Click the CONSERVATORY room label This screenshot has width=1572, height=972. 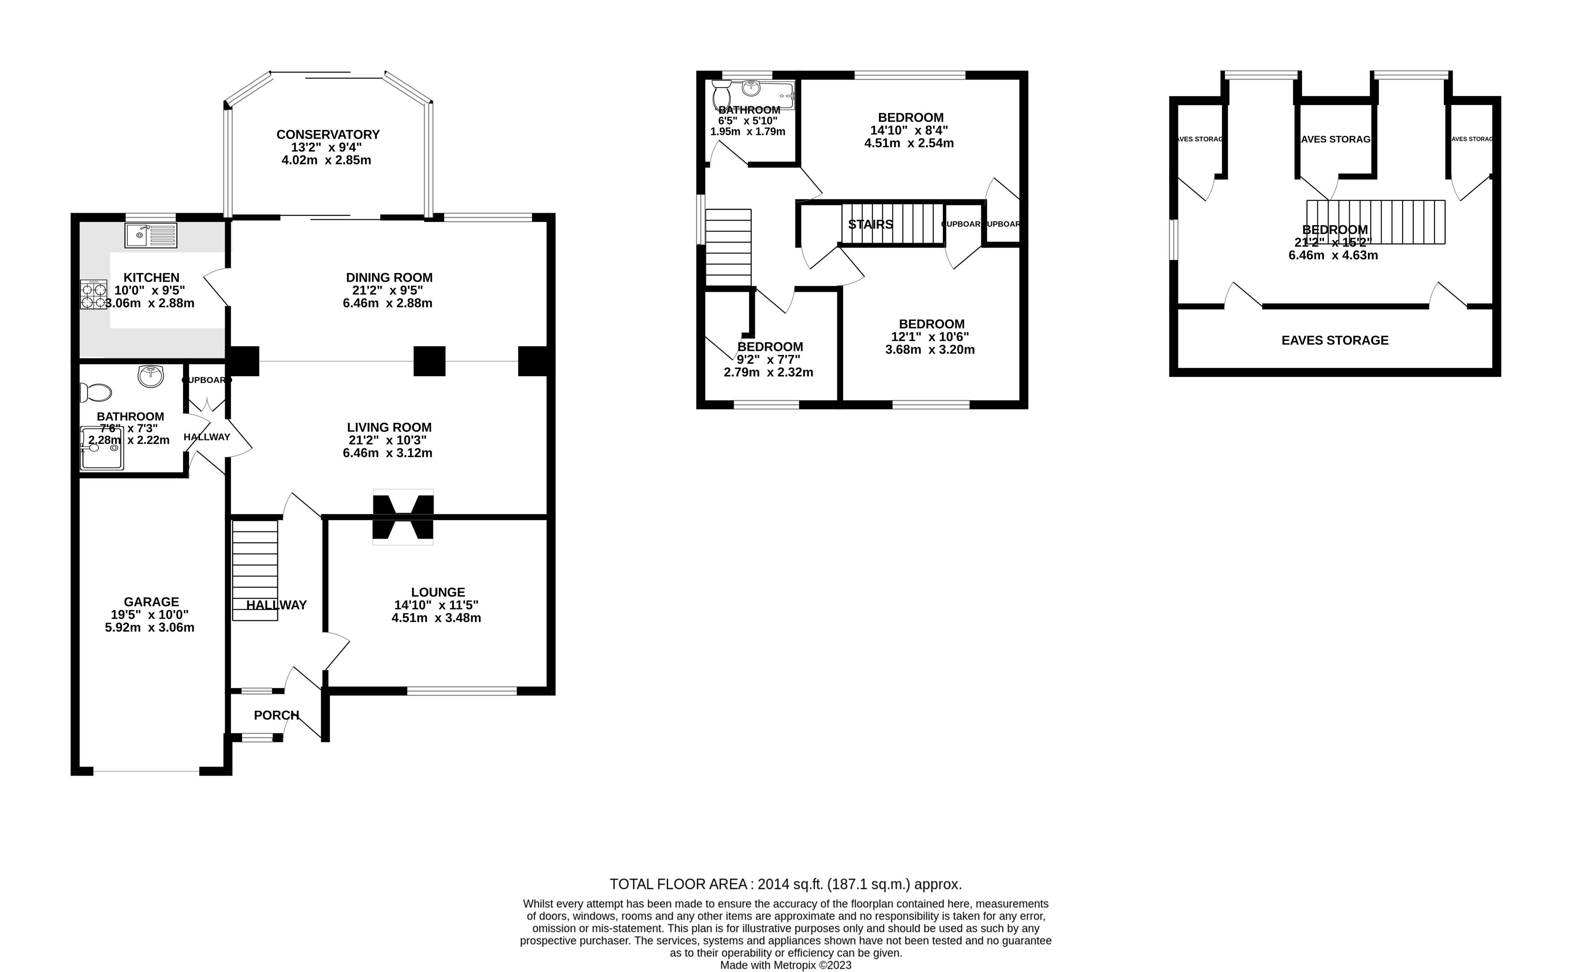pos(328,135)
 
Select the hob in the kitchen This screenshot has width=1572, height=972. pos(94,296)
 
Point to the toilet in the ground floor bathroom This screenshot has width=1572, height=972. pos(95,392)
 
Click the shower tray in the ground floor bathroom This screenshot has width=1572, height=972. pos(101,449)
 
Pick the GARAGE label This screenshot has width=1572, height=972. pos(151,602)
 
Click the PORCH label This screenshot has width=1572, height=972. pos(276,715)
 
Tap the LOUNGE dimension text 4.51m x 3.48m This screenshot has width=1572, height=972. pos(436,618)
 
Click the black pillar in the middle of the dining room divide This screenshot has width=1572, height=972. pos(429,361)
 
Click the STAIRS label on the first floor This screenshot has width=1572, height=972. pos(870,224)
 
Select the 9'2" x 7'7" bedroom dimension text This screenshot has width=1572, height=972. pos(768,359)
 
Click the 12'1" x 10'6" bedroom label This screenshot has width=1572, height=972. pos(931,324)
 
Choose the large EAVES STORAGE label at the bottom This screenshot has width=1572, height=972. pos(1334,340)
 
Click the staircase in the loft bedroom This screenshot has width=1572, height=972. pos(1375,222)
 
